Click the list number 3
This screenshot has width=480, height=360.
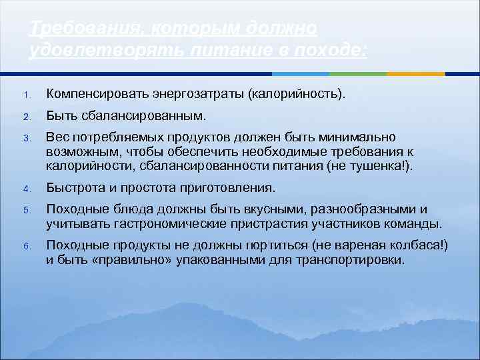click(26, 139)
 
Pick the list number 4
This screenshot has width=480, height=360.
click(26, 189)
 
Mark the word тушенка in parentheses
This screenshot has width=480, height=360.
click(376, 165)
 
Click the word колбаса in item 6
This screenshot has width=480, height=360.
click(417, 245)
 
